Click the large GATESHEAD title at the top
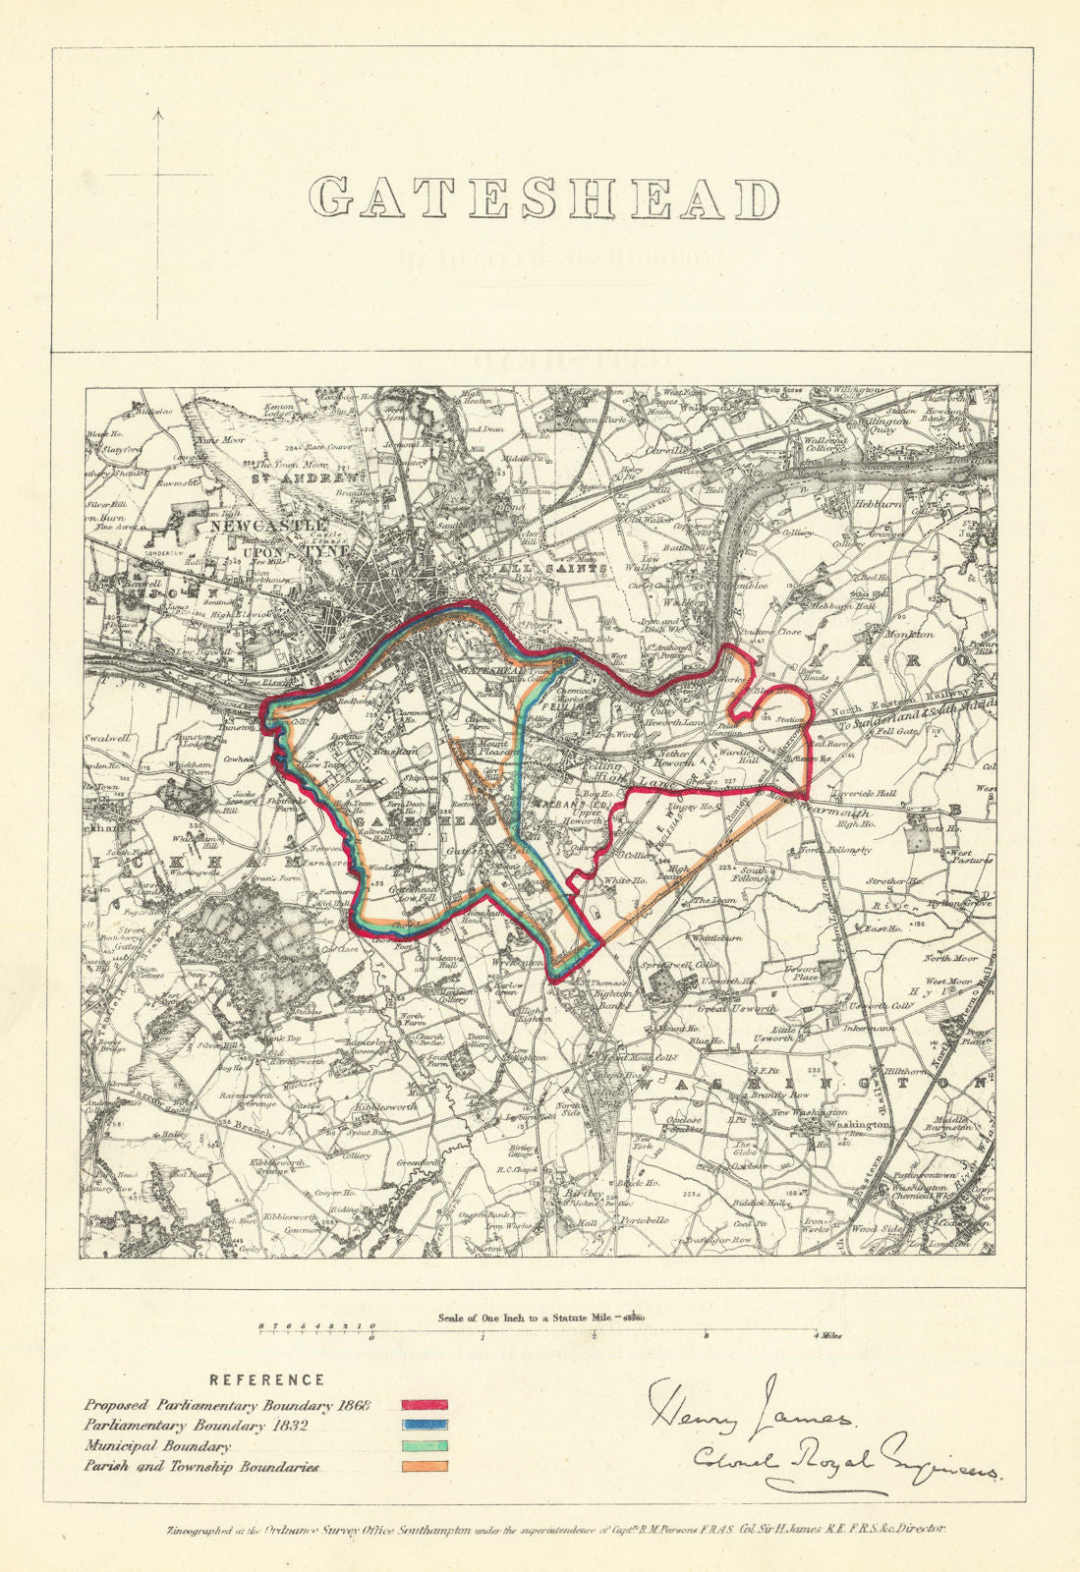pyautogui.click(x=543, y=198)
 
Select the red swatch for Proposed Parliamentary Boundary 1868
pyautogui.click(x=425, y=1404)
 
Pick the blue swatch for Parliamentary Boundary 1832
pyautogui.click(x=425, y=1424)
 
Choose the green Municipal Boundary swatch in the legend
pyautogui.click(x=425, y=1446)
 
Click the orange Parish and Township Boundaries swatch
pyautogui.click(x=425, y=1466)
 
